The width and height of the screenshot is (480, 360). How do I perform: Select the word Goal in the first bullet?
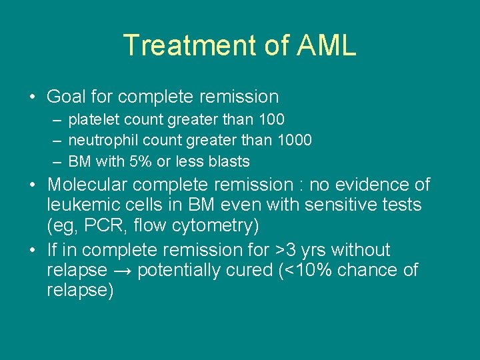(66, 97)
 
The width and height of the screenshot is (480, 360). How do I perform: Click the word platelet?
(89, 120)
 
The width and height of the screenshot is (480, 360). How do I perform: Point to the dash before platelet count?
(57, 120)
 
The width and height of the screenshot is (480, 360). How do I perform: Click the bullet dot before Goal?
(32, 97)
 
